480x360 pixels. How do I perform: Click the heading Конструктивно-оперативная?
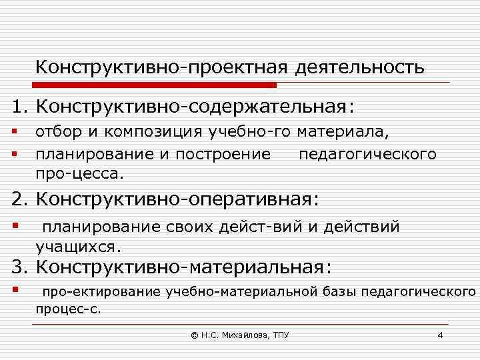177,199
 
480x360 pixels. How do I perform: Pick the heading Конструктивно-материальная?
183,268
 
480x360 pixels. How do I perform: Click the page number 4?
439,335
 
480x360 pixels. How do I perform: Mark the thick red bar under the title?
155,85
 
